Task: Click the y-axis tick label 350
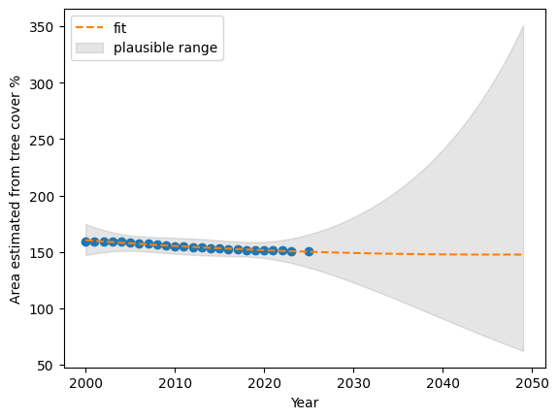click(x=41, y=27)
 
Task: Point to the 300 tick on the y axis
click(x=41, y=84)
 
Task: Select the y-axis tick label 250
click(x=41, y=140)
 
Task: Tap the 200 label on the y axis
click(x=41, y=197)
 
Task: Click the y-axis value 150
click(x=41, y=253)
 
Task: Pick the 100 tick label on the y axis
click(x=41, y=309)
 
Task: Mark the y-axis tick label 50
click(x=45, y=366)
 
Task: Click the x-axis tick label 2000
click(x=85, y=383)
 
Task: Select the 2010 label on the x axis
click(x=175, y=383)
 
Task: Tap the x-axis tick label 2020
click(x=264, y=383)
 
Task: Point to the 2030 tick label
click(x=354, y=383)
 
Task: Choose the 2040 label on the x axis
click(x=443, y=383)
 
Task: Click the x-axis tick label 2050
click(x=532, y=383)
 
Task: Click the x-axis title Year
click(x=305, y=403)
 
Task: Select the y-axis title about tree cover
click(x=15, y=189)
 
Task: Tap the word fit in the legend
click(x=120, y=28)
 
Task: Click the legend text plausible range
click(x=166, y=48)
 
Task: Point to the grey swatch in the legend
click(x=89, y=48)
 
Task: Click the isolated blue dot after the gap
click(x=309, y=251)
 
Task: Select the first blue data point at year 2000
click(x=85, y=242)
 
